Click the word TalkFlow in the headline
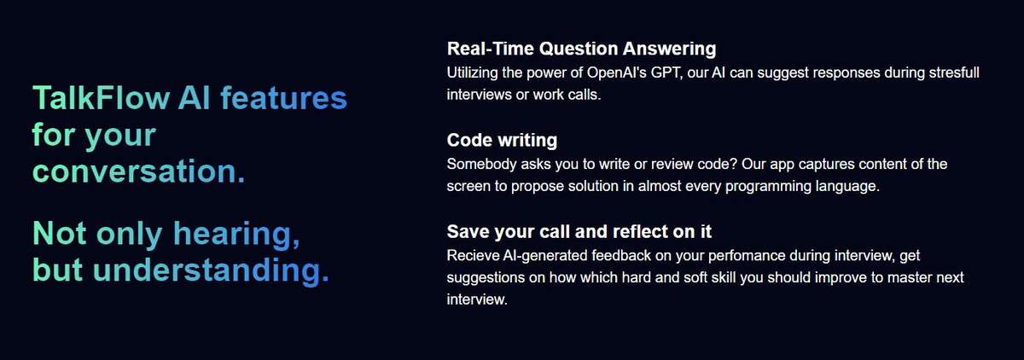point(101,98)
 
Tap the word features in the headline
point(284,98)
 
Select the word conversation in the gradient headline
point(134,171)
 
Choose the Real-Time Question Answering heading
point(581,49)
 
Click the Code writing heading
point(502,140)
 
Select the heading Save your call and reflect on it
point(579,232)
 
